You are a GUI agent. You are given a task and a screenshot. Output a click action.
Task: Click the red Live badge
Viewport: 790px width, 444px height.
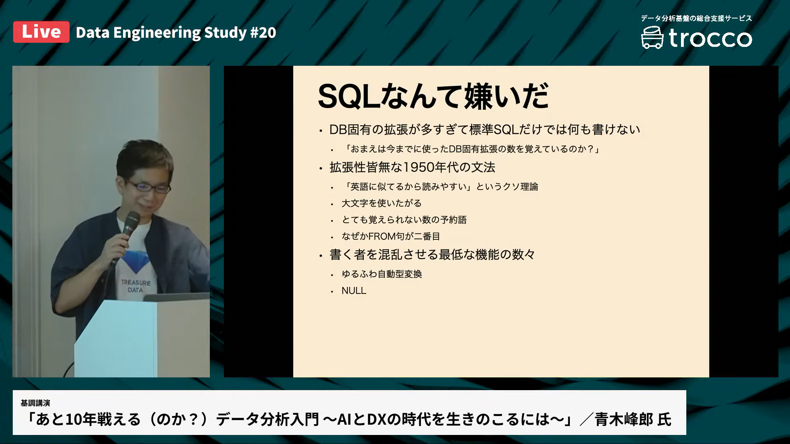41,32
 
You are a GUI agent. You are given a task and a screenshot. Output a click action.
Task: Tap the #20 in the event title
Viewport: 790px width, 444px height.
263,33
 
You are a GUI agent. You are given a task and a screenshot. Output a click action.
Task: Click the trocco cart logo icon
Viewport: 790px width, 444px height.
652,38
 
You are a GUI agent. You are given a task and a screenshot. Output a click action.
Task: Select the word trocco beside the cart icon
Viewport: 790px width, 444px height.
711,38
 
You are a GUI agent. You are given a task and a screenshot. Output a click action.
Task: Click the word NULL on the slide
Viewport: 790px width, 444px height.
354,291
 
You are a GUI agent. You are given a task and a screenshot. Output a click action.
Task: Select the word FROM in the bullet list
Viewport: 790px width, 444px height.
381,236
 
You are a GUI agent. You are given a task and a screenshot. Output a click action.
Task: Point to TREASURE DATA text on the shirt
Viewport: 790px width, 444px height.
135,286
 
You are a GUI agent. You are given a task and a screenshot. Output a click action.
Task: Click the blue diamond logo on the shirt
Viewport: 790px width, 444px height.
136,261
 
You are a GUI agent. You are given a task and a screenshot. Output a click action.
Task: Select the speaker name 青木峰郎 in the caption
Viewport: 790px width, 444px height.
624,419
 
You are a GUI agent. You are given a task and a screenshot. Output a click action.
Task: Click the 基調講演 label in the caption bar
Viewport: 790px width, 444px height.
35,403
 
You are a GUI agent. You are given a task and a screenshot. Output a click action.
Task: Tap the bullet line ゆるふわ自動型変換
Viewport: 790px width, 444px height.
382,274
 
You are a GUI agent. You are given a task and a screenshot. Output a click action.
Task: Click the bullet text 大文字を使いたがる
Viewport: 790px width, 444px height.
381,203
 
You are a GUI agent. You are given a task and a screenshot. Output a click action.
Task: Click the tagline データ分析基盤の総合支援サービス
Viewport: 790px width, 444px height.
696,18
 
